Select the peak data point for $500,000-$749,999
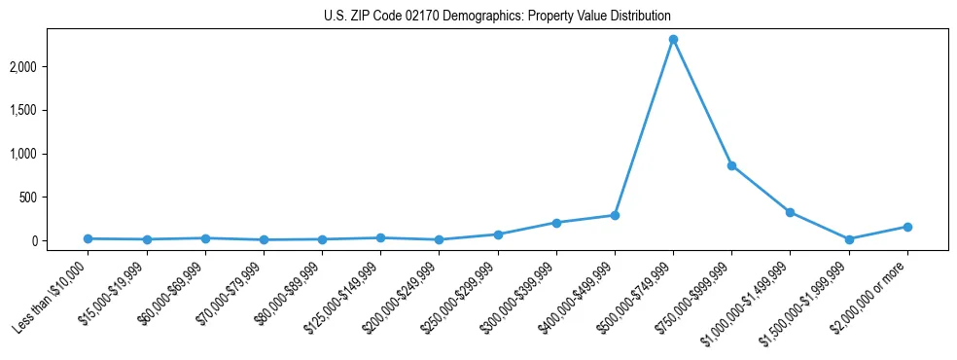tap(673, 40)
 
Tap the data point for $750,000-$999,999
tap(731, 165)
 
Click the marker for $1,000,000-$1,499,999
tap(790, 212)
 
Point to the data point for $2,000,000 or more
tap(907, 227)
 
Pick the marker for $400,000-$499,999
tap(615, 215)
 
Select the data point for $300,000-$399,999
tap(556, 223)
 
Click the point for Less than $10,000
tap(88, 238)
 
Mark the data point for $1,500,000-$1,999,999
tap(849, 239)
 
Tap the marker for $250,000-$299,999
tap(498, 234)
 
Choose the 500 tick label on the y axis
tap(55, 198)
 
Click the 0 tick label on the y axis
tap(61, 241)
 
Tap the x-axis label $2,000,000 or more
tap(871, 295)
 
